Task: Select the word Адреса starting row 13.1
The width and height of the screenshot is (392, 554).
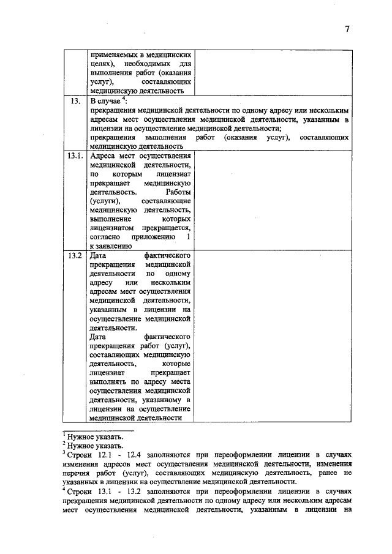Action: tap(102, 156)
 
